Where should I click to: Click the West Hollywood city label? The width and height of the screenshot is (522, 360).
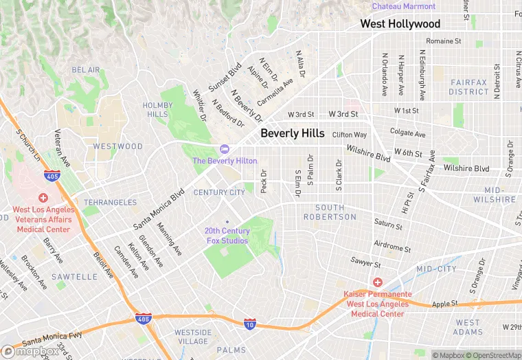[x=400, y=24]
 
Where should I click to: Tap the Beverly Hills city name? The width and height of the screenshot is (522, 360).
[x=293, y=133]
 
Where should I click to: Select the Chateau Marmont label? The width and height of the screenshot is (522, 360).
[x=404, y=6]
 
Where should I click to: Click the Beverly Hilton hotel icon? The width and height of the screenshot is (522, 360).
[x=224, y=149]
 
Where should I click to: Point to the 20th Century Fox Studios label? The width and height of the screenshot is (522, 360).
[x=227, y=236]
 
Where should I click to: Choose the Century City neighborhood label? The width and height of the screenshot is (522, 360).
[x=219, y=192]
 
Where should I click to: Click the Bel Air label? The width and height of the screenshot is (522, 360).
[x=86, y=70]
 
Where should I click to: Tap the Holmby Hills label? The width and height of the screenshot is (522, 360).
[x=155, y=109]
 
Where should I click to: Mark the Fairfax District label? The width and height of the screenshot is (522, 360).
[x=469, y=87]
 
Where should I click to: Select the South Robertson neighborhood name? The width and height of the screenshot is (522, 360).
[x=336, y=212]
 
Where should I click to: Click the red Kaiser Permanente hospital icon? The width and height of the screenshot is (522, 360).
[x=377, y=282]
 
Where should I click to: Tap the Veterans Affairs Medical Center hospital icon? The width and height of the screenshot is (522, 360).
[x=43, y=197]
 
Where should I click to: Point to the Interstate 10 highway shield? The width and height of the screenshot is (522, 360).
[x=249, y=323]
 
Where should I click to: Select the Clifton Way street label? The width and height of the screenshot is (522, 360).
[x=350, y=135]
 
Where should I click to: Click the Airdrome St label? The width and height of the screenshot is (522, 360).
[x=392, y=246]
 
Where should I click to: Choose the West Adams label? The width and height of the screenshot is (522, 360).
[x=468, y=327]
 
